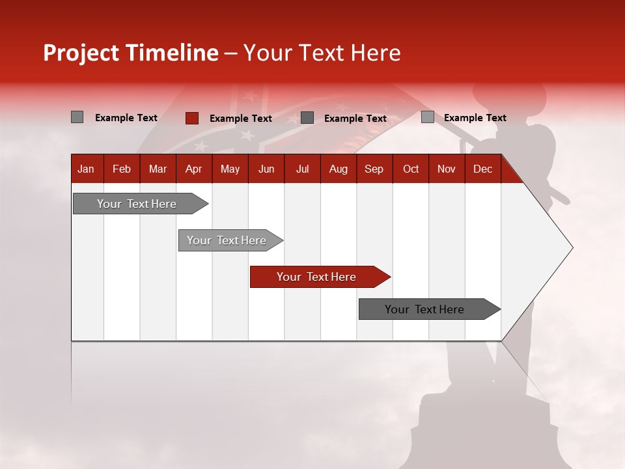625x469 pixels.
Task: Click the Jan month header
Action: point(86,169)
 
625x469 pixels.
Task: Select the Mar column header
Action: point(158,169)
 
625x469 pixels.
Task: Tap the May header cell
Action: point(230,169)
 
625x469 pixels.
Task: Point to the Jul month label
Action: point(302,169)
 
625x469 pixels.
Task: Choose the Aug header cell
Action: point(338,169)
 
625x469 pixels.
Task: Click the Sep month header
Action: point(374,169)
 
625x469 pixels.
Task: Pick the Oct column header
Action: point(411,169)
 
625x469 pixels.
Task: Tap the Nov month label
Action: point(447,169)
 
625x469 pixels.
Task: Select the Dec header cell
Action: point(482,169)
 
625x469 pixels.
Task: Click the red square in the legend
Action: point(192,118)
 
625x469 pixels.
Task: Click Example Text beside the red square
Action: point(241,119)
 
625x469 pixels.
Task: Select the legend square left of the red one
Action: point(77,117)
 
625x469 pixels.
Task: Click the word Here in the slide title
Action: point(376,53)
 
